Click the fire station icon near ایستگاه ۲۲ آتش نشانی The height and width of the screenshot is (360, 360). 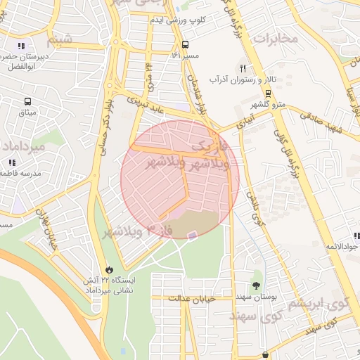109,269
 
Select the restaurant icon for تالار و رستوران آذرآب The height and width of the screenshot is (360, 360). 243,69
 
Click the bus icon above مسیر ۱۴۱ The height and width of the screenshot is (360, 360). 184,44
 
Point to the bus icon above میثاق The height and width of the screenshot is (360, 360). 28,102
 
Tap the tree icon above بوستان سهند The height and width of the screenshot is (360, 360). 255,285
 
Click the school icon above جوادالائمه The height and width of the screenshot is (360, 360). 356,236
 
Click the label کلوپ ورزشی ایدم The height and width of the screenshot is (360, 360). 176,20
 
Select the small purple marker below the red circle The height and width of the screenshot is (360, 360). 193,234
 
